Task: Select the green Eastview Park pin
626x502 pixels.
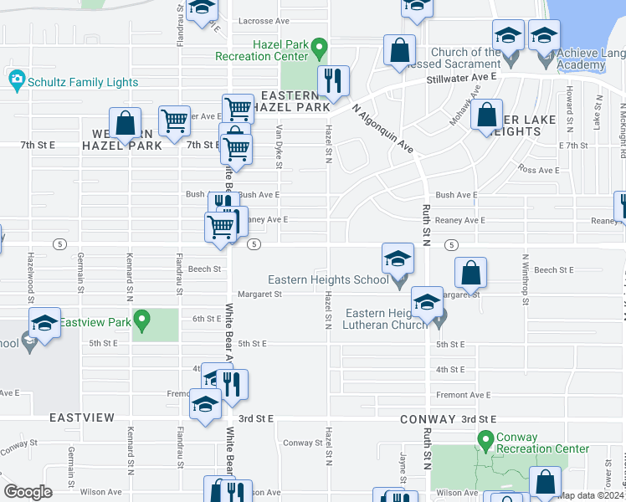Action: (x=142, y=320)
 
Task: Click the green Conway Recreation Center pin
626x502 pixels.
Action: (x=485, y=438)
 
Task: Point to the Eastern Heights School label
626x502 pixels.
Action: (x=328, y=279)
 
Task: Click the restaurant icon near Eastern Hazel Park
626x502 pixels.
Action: (x=333, y=81)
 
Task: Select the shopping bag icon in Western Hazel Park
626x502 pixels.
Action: (x=125, y=123)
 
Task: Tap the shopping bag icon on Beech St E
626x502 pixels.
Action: (x=471, y=272)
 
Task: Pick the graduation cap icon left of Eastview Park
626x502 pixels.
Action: (x=44, y=323)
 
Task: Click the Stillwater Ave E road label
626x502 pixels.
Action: (x=461, y=76)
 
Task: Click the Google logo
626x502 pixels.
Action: (x=28, y=492)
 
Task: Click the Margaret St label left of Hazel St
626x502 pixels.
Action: (x=260, y=294)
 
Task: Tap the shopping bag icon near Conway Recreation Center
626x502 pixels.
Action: (x=545, y=482)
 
